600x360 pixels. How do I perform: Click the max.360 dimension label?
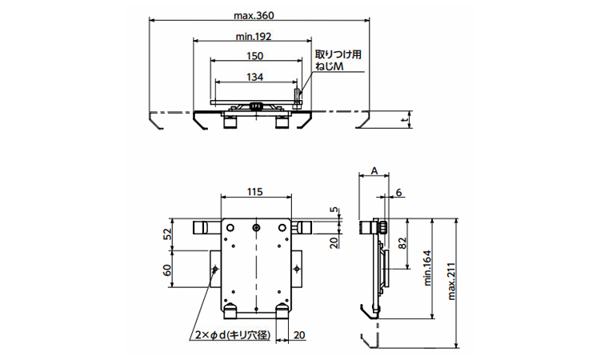click(255, 15)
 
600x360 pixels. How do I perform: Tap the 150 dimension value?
click(255, 57)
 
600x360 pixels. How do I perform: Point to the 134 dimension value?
click(255, 78)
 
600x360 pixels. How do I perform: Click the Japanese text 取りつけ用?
click(339, 55)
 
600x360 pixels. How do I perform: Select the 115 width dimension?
click(255, 192)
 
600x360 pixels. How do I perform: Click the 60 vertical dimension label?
click(167, 270)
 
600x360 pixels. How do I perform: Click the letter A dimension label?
click(374, 171)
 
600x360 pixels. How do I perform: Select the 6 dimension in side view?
click(399, 192)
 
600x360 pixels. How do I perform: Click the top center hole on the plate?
click(255, 228)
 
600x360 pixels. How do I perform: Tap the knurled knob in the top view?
click(257, 106)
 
